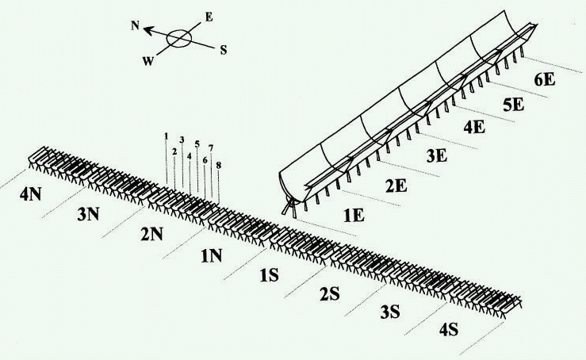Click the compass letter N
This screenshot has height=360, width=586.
[x=135, y=25]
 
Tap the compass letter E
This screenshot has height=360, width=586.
[x=208, y=16]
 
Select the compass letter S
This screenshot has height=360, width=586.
[x=224, y=49]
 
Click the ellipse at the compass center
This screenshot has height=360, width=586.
[x=180, y=37]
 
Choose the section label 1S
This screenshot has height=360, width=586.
[x=270, y=274]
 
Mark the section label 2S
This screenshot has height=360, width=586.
[x=329, y=294]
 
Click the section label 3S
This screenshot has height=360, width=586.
[x=389, y=312]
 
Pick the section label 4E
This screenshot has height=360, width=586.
[x=475, y=127]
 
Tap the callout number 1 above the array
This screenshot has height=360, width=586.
[x=167, y=136]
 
